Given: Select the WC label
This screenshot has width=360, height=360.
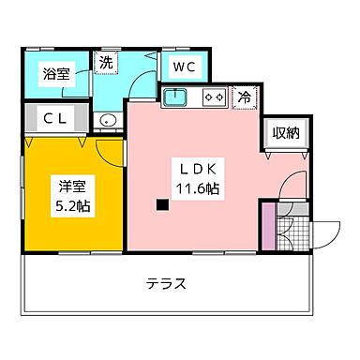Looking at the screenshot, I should [x=183, y=68].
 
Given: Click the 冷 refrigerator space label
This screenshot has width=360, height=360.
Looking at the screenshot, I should [x=243, y=96].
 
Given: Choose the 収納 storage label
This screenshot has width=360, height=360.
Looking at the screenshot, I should [x=286, y=133].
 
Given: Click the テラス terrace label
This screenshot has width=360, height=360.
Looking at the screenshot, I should [x=166, y=283].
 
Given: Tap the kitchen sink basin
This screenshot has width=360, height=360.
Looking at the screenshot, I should [x=177, y=96].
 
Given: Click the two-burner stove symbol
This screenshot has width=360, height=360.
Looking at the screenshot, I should [x=213, y=96].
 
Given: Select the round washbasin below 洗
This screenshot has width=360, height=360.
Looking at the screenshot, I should [x=105, y=120].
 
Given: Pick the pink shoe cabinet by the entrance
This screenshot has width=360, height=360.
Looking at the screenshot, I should [x=268, y=226].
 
